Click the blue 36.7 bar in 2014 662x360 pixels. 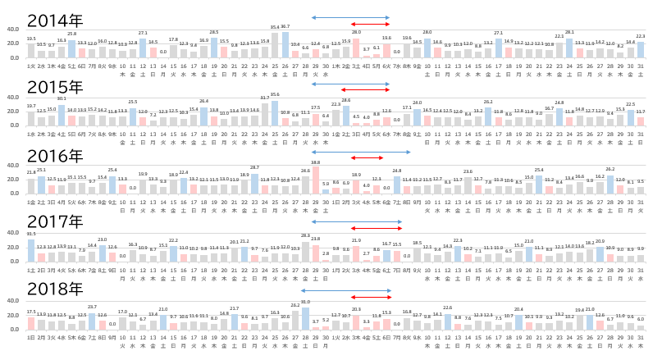[285, 45]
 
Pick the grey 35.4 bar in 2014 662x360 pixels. [275, 45]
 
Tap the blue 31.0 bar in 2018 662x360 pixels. [305, 318]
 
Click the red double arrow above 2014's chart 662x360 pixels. [366, 24]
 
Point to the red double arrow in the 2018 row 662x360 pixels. [366, 298]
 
